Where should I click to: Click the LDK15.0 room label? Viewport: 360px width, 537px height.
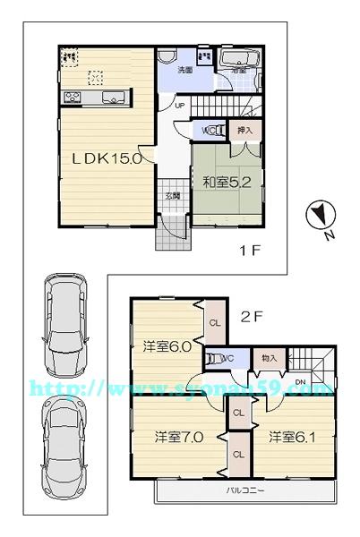tap(107, 159)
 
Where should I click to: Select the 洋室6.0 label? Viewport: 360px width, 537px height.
tap(167, 347)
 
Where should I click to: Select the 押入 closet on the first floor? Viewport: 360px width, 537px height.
tap(244, 131)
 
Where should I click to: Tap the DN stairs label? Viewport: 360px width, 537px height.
tap(301, 383)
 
